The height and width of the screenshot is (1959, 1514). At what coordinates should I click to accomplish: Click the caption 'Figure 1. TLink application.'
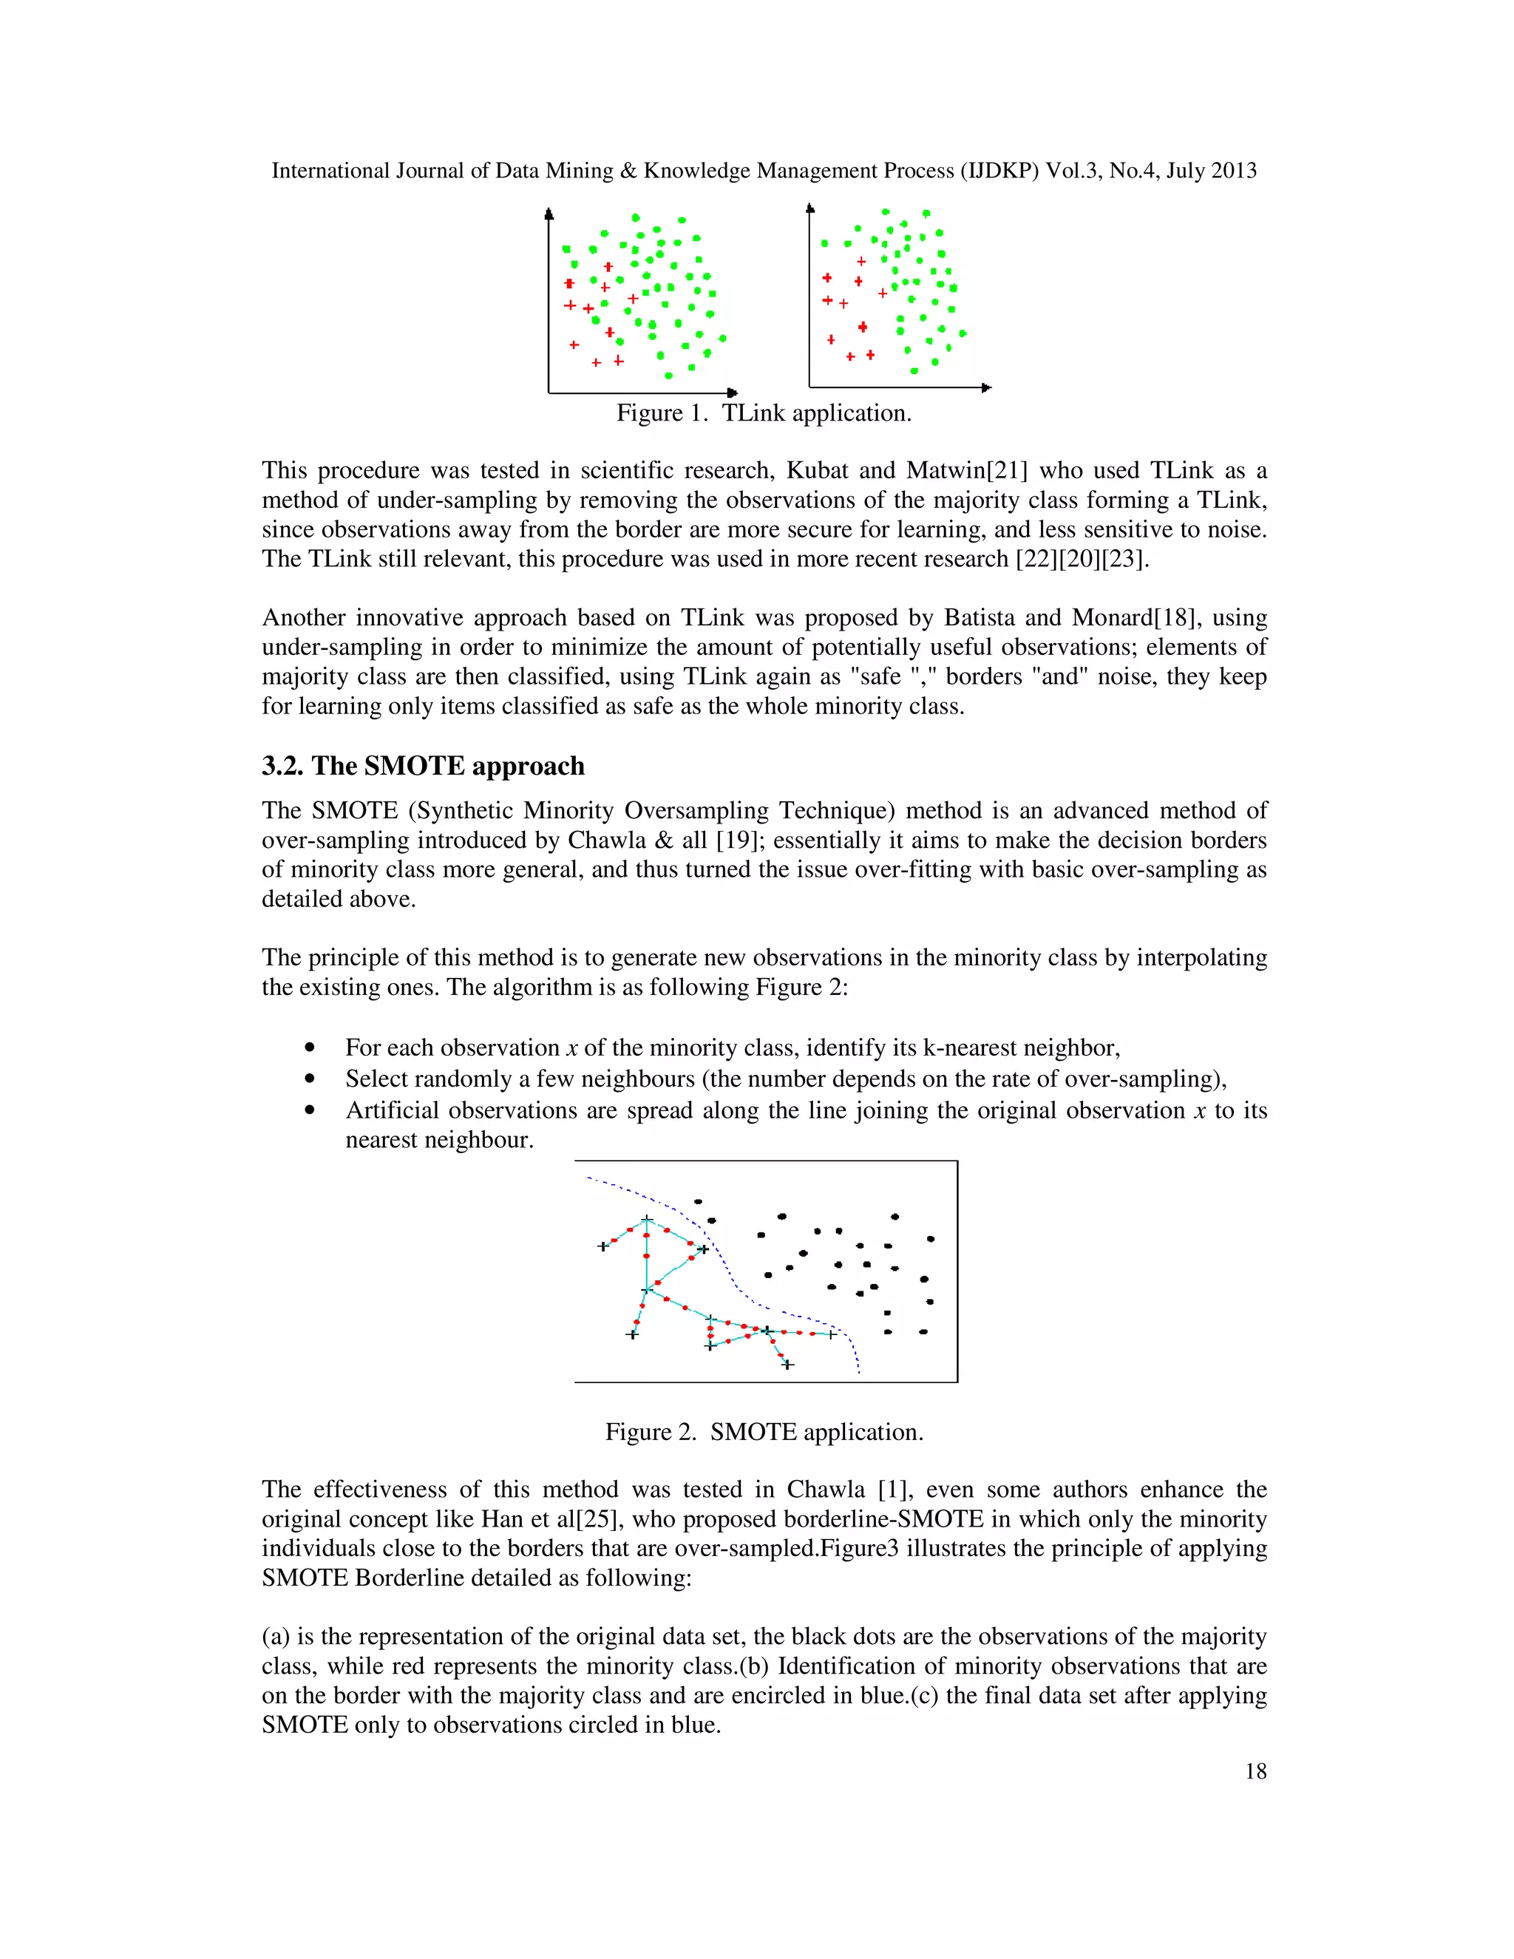tap(763, 412)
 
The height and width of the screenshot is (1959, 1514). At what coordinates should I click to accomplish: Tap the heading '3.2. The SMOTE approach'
tap(422, 765)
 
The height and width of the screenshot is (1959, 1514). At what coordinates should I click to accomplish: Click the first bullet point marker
tap(310, 1048)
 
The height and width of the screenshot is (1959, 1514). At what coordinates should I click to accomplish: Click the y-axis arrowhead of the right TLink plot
tap(810, 209)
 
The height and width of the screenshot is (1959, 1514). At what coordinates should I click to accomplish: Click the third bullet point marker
tap(310, 1110)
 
